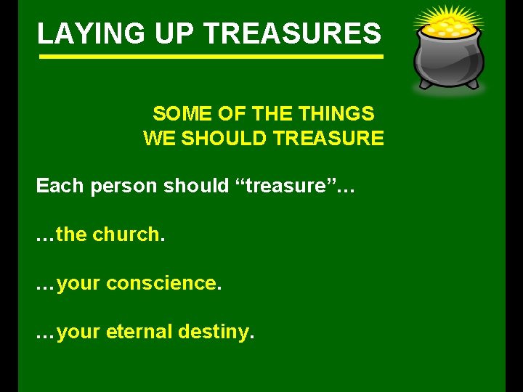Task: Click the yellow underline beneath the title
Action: (210, 57)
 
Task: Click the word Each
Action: (60, 186)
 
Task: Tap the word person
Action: (123, 187)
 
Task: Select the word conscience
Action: (161, 283)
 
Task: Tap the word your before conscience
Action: (78, 284)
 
